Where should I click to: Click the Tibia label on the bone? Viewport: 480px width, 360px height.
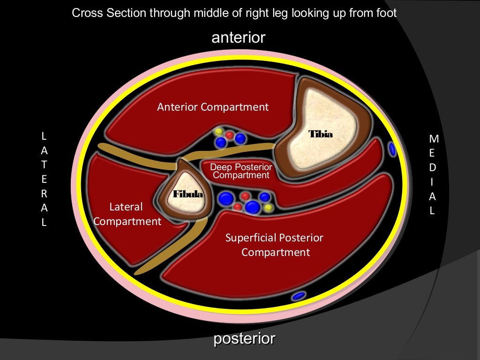pyautogui.click(x=321, y=135)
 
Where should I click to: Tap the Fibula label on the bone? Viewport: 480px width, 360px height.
pyautogui.click(x=188, y=194)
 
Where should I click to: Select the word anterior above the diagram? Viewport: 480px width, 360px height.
pyautogui.click(x=239, y=37)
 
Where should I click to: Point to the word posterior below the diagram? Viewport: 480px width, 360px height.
pyautogui.click(x=244, y=338)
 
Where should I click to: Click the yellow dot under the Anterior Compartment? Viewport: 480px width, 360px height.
pyautogui.click(x=217, y=131)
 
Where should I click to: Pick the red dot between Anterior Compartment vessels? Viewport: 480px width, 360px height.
pyautogui.click(x=230, y=135)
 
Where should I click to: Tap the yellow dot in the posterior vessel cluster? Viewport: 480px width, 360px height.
pyautogui.click(x=268, y=207)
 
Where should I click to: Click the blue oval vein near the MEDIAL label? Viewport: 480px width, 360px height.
pyautogui.click(x=392, y=150)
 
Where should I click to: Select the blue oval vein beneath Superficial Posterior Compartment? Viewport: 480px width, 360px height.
pyautogui.click(x=299, y=296)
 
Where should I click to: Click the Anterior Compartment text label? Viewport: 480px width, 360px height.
pyautogui.click(x=213, y=107)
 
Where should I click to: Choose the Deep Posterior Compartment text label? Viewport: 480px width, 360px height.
pyautogui.click(x=241, y=171)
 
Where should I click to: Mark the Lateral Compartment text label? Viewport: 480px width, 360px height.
pyautogui.click(x=127, y=214)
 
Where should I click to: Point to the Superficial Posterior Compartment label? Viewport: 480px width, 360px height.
pyautogui.click(x=275, y=245)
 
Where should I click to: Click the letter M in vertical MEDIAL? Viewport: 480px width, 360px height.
pyautogui.click(x=434, y=139)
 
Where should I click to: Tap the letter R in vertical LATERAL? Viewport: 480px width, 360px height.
pyautogui.click(x=44, y=194)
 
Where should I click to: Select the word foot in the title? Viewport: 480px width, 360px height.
pyautogui.click(x=386, y=13)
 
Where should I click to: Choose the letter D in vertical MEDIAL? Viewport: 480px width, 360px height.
pyautogui.click(x=433, y=167)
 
